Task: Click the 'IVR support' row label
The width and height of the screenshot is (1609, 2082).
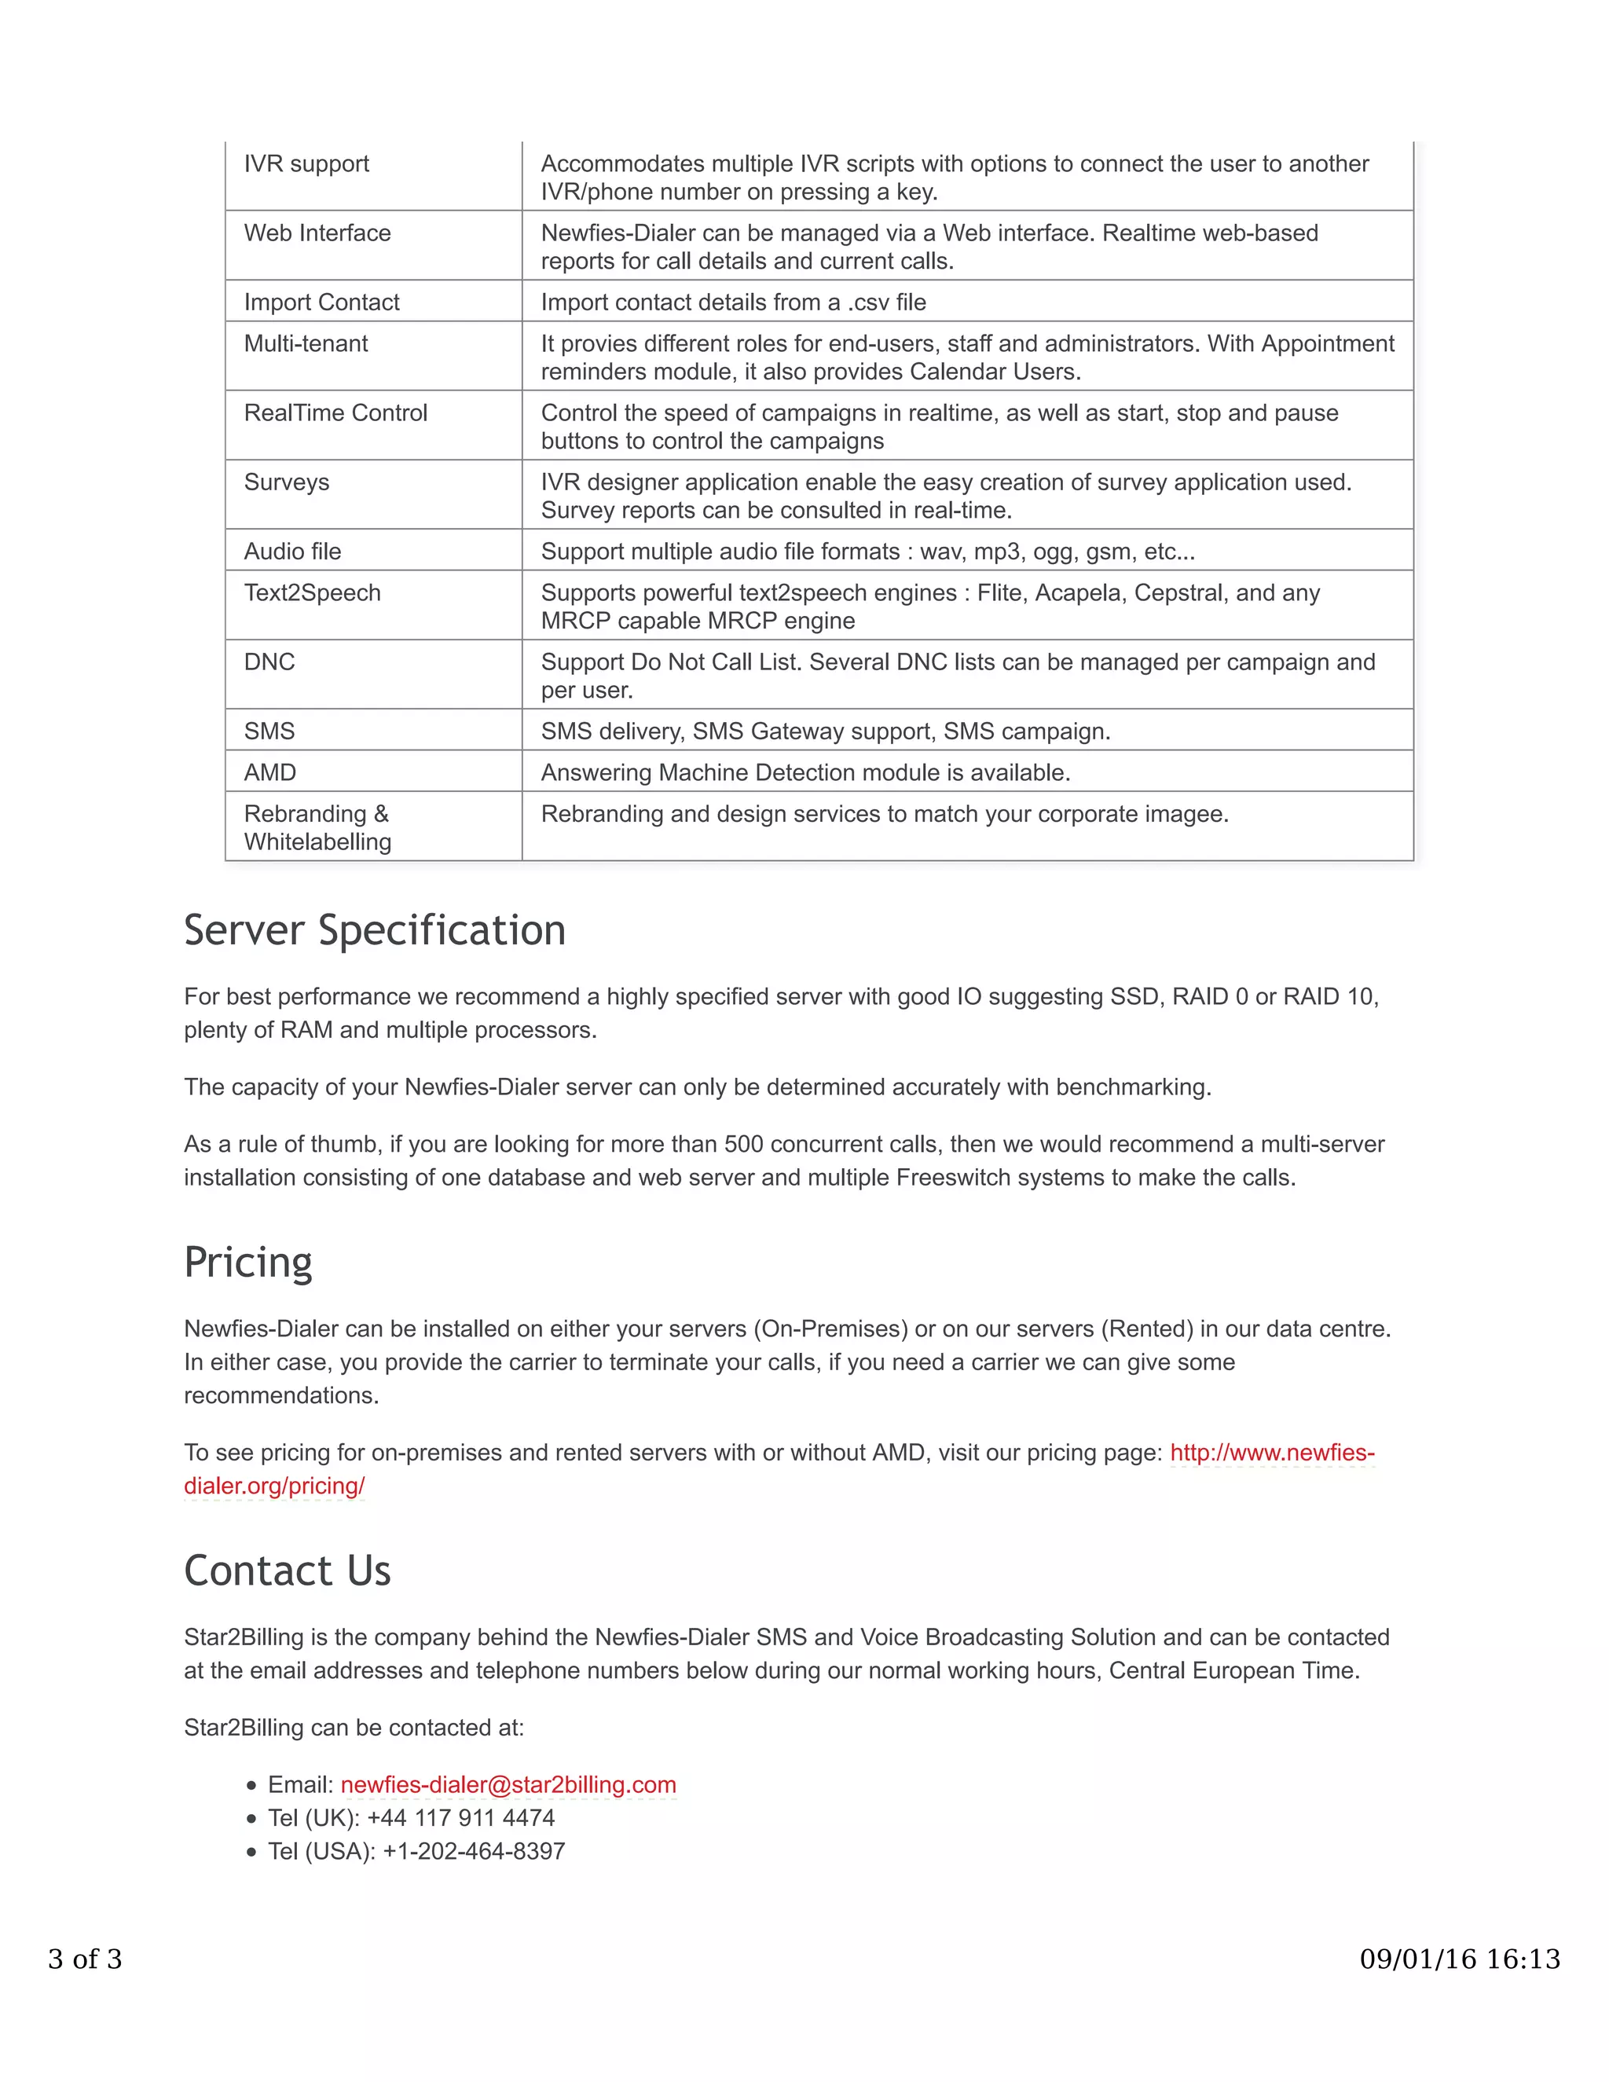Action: pyautogui.click(x=306, y=164)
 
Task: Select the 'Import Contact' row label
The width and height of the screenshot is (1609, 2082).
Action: pyautogui.click(x=321, y=302)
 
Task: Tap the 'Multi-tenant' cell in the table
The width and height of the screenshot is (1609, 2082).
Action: pyautogui.click(x=305, y=343)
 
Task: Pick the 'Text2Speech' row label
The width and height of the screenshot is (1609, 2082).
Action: pyautogui.click(x=312, y=593)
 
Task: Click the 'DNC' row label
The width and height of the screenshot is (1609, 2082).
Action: pyautogui.click(x=269, y=662)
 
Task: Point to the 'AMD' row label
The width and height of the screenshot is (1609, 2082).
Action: pyautogui.click(x=269, y=772)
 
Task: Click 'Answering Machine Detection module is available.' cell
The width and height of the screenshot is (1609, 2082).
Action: pyautogui.click(x=805, y=772)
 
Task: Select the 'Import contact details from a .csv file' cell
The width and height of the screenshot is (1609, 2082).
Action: pyautogui.click(x=733, y=302)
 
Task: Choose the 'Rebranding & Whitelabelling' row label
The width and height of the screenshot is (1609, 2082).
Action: pyautogui.click(x=317, y=827)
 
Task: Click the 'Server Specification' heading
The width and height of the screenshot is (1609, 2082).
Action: pyautogui.click(x=375, y=930)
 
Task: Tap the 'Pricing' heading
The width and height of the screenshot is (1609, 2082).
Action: pyautogui.click(x=247, y=1263)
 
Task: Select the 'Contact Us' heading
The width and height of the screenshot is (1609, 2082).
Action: pyautogui.click(x=287, y=1571)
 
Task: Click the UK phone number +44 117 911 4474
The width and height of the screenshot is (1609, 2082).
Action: pyautogui.click(x=460, y=1818)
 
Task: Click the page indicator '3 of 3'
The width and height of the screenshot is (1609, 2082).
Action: pyautogui.click(x=85, y=1959)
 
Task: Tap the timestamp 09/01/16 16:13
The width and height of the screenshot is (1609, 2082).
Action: pyautogui.click(x=1460, y=1959)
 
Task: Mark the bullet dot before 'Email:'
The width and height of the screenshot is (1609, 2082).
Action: pyautogui.click(x=251, y=1786)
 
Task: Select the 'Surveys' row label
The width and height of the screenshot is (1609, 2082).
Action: pyautogui.click(x=286, y=482)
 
